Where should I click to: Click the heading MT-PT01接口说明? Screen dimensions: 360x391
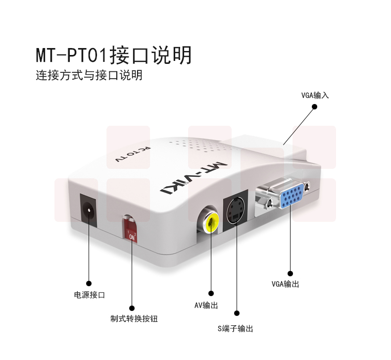(113, 55)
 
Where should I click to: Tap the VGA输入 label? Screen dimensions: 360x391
(315, 96)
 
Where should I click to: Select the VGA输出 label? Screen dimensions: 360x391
(285, 284)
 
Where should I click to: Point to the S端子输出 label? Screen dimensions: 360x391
(236, 329)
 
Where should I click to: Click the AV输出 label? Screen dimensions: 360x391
(206, 306)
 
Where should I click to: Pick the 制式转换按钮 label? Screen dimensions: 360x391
(134, 319)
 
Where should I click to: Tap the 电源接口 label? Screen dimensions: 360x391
(90, 295)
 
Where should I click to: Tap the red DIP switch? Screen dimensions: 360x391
(130, 230)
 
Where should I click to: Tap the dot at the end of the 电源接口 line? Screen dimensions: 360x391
(89, 283)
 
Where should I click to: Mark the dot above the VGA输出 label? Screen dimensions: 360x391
(290, 273)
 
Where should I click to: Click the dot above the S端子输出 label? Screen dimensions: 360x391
(237, 313)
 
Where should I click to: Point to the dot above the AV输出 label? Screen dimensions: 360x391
(211, 293)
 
